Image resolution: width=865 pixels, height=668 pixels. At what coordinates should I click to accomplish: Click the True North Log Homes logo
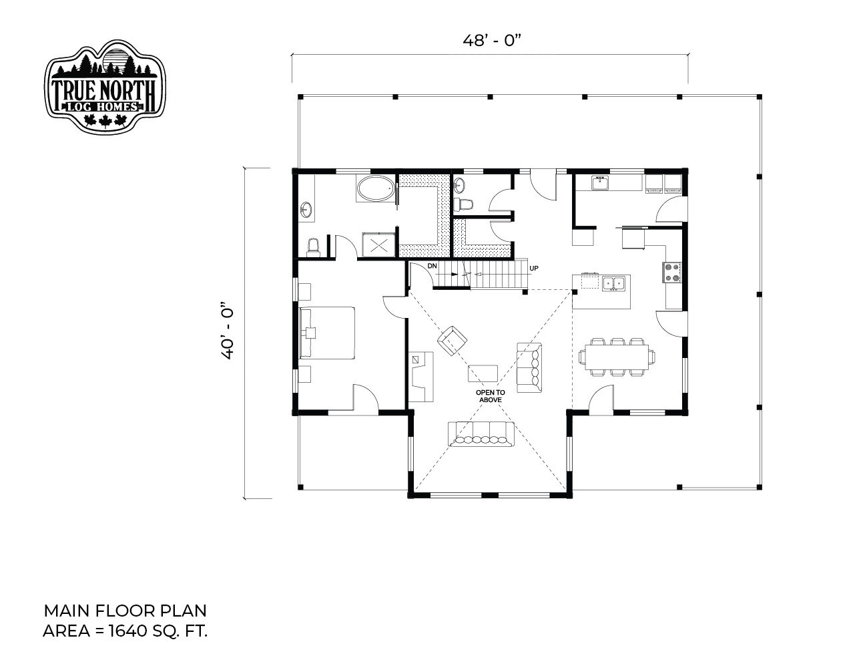pyautogui.click(x=105, y=86)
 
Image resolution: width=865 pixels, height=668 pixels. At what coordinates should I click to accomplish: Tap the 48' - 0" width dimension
pyautogui.click(x=492, y=40)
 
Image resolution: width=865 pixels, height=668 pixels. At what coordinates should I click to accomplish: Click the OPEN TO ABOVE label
pyautogui.click(x=490, y=396)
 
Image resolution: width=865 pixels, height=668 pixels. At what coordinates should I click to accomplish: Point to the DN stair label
pyautogui.click(x=432, y=266)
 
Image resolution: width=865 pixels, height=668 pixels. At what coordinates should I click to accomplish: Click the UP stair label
pyautogui.click(x=534, y=268)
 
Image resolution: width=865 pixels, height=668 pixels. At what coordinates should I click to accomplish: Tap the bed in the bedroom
pyautogui.click(x=327, y=333)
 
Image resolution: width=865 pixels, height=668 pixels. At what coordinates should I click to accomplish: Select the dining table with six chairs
pyautogui.click(x=616, y=357)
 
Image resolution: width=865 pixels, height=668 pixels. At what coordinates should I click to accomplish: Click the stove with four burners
pyautogui.click(x=672, y=273)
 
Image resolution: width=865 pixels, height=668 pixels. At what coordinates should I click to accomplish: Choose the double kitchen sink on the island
pyautogui.click(x=613, y=283)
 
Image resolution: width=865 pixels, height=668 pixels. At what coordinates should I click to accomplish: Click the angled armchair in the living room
pyautogui.click(x=452, y=341)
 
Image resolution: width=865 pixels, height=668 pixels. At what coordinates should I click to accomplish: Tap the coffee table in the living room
pyautogui.click(x=483, y=373)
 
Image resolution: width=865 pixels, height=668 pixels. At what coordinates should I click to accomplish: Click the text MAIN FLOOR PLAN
pyautogui.click(x=125, y=611)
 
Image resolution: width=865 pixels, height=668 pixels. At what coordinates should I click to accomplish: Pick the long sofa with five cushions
pyautogui.click(x=481, y=434)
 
